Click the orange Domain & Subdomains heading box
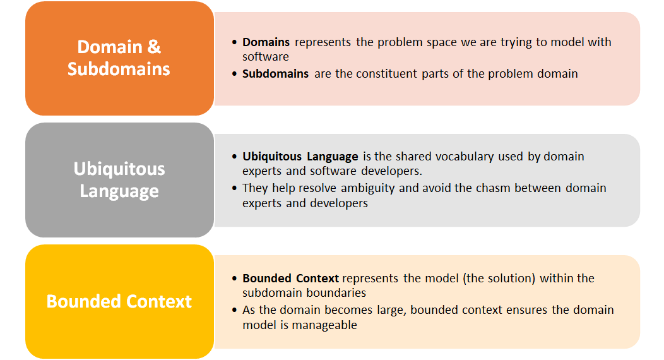pyautogui.click(x=119, y=58)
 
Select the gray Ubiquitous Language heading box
pyautogui.click(x=119, y=180)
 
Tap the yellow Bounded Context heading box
pyautogui.click(x=119, y=301)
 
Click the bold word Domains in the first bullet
pyautogui.click(x=266, y=42)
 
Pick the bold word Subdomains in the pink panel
pyautogui.click(x=275, y=73)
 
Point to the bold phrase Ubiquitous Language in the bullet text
pyautogui.click(x=300, y=156)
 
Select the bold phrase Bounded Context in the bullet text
pyautogui.click(x=290, y=278)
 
